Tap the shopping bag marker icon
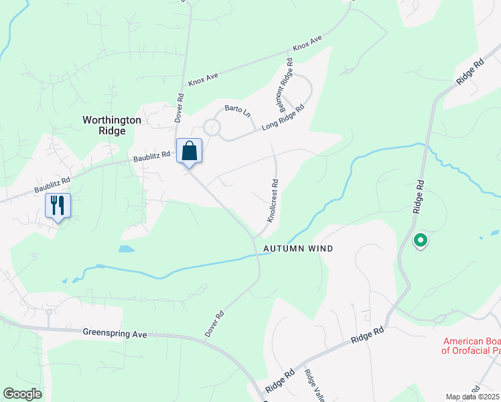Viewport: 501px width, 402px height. click(x=190, y=151)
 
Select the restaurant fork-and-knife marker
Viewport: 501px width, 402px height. click(x=58, y=205)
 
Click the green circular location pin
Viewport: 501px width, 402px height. click(x=420, y=239)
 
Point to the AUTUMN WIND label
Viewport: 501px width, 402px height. click(x=298, y=249)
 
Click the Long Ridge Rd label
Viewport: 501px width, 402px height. click(x=283, y=117)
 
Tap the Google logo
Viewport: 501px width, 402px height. click(x=22, y=394)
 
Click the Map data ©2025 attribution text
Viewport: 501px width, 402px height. click(x=472, y=397)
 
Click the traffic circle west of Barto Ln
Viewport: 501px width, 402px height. click(x=212, y=127)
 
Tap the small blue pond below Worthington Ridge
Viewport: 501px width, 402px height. click(x=126, y=249)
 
